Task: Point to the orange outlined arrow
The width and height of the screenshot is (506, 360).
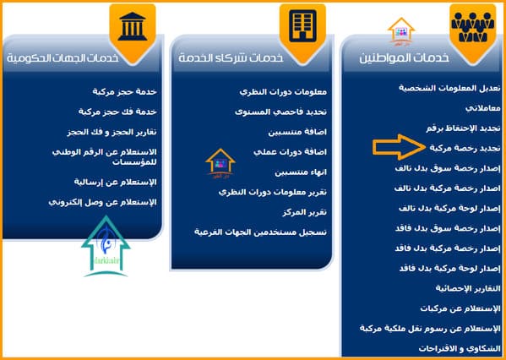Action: pos(400,147)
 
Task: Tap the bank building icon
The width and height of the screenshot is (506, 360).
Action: pos(133,26)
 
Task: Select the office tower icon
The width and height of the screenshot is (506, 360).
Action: pos(302,26)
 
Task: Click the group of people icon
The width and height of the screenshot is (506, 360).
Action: pos(473,27)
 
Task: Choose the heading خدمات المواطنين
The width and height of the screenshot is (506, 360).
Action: pos(404,58)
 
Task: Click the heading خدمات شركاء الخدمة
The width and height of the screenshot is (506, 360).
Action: pos(231,58)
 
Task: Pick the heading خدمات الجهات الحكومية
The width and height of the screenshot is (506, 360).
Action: pos(63,58)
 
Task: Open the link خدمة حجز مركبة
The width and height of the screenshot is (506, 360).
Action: pos(124,92)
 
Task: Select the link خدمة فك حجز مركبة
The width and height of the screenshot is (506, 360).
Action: pos(117,112)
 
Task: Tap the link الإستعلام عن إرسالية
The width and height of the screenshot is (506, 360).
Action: pos(115,183)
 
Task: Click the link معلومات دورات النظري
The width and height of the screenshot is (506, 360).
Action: pos(283,92)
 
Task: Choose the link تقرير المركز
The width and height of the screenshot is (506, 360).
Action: pos(305,213)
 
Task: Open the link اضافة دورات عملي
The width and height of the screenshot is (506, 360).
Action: pos(290,152)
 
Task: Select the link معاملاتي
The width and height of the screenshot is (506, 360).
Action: pos(482,108)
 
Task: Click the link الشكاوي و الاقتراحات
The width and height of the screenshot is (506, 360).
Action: pos(460,349)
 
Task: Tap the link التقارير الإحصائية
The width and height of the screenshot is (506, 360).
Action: pos(468,288)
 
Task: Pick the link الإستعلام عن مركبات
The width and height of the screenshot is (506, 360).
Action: pos(460,309)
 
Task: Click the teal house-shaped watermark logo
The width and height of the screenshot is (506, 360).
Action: pos(106,247)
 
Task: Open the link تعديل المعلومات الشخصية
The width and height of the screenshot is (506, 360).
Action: pos(449,88)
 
